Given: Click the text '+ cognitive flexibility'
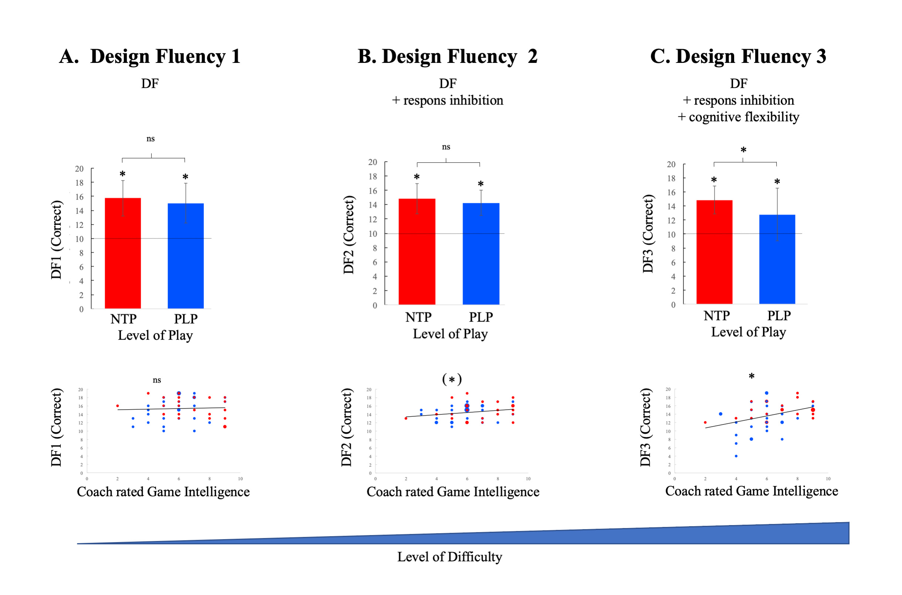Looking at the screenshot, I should coord(738,117).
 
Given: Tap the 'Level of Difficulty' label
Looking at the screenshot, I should coord(449,557).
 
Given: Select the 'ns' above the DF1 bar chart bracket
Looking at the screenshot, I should coord(151,139).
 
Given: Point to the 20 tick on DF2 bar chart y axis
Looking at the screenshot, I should coord(372,162).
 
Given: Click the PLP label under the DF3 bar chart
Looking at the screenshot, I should coord(779,316).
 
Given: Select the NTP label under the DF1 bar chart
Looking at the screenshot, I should coord(123,319).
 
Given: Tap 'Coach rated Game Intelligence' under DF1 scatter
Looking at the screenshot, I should coord(163,492).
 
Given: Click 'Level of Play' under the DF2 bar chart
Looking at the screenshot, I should coord(450,333).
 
